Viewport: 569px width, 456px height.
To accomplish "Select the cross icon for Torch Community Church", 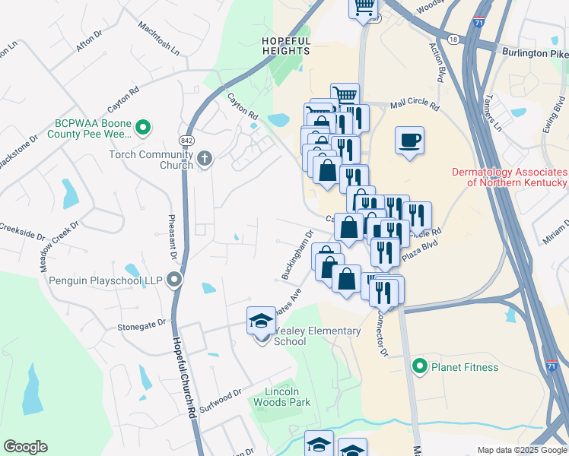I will pyautogui.click(x=204, y=159).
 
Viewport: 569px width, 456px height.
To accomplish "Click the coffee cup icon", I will pyautogui.click(x=409, y=141).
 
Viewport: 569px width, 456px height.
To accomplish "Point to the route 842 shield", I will pyautogui.click(x=186, y=141).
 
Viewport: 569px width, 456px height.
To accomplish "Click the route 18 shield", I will pyautogui.click(x=453, y=38).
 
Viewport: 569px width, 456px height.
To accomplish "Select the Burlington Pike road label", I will pyautogui.click(x=535, y=53).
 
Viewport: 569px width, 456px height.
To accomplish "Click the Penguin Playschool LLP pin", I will pyautogui.click(x=175, y=280).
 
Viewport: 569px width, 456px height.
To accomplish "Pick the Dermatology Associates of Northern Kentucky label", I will pyautogui.click(x=510, y=177).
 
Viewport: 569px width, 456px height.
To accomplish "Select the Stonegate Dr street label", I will pyautogui.click(x=141, y=325).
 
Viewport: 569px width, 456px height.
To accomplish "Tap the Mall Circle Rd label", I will pyautogui.click(x=415, y=107).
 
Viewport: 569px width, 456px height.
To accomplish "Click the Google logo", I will pyautogui.click(x=25, y=447).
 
